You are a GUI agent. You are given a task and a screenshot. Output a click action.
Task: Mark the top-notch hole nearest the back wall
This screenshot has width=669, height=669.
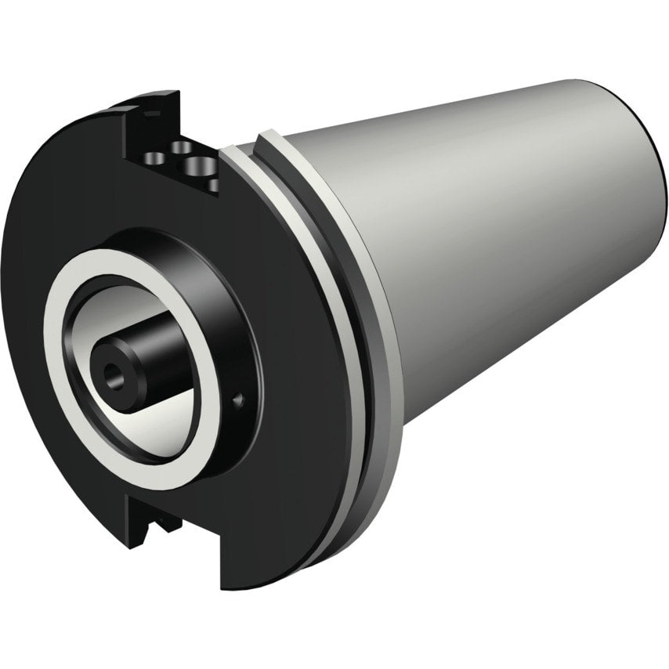coord(182,146)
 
